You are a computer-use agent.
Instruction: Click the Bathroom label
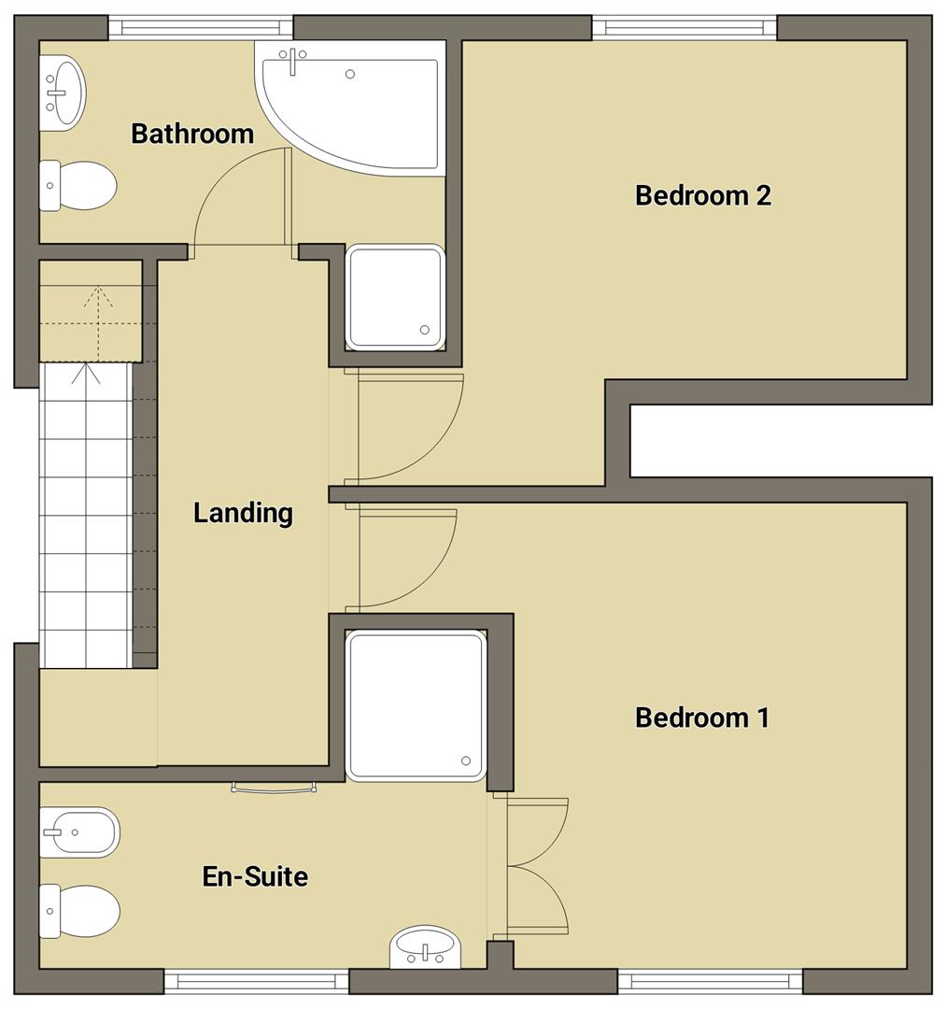click(x=192, y=134)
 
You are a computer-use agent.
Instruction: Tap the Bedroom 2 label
click(x=702, y=195)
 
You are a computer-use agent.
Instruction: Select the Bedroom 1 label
click(x=701, y=718)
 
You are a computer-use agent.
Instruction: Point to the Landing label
click(x=243, y=513)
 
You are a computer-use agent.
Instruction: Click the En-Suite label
click(x=255, y=877)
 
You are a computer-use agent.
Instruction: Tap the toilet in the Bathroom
click(x=78, y=185)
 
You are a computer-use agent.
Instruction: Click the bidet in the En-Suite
click(x=80, y=831)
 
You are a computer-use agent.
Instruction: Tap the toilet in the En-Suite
click(x=81, y=911)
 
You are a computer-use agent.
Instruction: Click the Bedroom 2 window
click(x=685, y=27)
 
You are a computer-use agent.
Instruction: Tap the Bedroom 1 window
click(x=710, y=981)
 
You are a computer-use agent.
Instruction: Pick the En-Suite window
click(x=256, y=981)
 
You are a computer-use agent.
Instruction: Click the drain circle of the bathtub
click(x=350, y=74)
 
